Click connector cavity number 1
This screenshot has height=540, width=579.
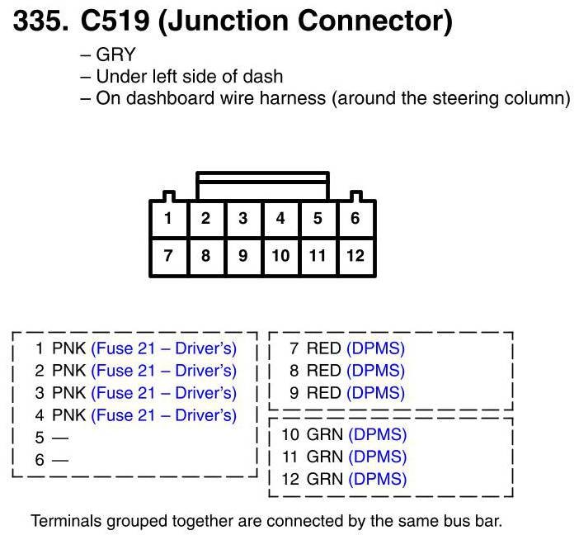point(168,219)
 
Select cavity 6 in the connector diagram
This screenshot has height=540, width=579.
point(355,219)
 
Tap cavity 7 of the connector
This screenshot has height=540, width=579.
point(168,256)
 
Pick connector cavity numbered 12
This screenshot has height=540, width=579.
point(355,256)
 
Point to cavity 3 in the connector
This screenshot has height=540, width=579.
point(242,219)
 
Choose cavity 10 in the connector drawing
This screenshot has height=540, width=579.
point(280,256)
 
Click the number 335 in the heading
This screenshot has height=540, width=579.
point(36,21)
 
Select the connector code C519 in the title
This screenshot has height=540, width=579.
point(115,21)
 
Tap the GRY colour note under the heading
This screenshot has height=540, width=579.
point(115,55)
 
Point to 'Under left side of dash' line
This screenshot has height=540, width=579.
point(189,77)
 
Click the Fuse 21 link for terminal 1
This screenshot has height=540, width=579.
point(163,348)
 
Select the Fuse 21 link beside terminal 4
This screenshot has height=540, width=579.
point(163,415)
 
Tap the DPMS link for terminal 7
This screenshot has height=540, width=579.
point(375,348)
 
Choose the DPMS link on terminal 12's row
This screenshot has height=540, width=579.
point(378,479)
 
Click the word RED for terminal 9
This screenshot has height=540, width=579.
point(323,393)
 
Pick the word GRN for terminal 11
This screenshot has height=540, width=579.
point(324,457)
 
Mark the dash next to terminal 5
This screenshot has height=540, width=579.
point(60,438)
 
